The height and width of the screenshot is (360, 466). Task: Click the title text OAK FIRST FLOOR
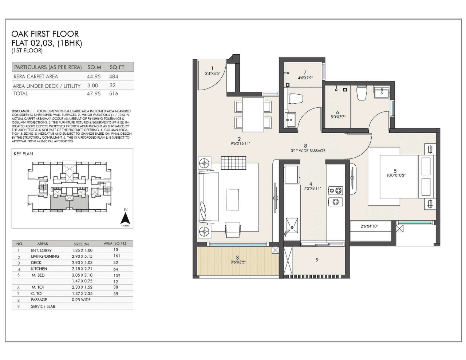tap(45, 34)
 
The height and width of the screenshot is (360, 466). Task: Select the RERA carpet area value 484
tap(114, 76)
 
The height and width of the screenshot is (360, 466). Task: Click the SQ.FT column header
tap(117, 67)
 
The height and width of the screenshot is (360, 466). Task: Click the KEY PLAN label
tap(23, 154)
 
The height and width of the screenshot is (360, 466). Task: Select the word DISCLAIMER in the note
tap(21, 111)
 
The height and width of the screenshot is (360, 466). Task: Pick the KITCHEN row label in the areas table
tap(39, 269)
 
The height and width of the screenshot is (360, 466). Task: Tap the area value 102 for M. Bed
tap(116, 276)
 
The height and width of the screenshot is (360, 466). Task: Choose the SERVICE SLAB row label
tap(43, 306)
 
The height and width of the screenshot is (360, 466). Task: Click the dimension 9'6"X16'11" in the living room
tap(240, 143)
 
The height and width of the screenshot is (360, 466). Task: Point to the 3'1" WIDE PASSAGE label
tap(308, 150)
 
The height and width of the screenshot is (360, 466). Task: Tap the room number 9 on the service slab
tap(317, 260)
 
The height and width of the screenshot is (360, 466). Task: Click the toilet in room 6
tap(362, 93)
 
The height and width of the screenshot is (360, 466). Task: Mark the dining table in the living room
tap(253, 114)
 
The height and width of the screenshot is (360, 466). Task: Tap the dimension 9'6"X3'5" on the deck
tap(237, 262)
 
